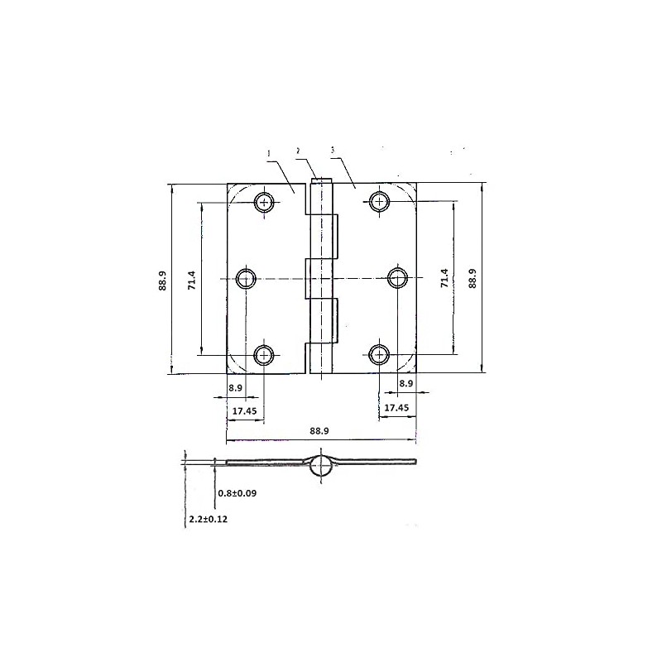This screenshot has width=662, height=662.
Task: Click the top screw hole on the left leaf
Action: pos(265,202)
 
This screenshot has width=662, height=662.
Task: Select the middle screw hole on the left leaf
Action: pos(246,278)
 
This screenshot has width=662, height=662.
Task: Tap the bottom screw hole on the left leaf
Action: pos(264,355)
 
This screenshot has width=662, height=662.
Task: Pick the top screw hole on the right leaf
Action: pos(380,201)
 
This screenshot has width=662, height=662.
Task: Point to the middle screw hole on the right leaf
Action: pos(398,278)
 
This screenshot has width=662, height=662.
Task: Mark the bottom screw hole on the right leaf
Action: pos(380,355)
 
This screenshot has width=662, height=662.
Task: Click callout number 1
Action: pos(269,153)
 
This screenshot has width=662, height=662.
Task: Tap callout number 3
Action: pos(332,151)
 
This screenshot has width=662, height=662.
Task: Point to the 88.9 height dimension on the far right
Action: pos(473,280)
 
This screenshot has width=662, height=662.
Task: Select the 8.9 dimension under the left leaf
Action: pos(235,387)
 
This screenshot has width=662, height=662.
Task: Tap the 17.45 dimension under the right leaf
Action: pos(396,408)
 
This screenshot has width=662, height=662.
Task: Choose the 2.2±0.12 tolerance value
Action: pos(209,519)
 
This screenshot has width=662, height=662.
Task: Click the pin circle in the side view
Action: pos(321,468)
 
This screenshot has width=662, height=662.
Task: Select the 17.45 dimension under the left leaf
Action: pos(243,410)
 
